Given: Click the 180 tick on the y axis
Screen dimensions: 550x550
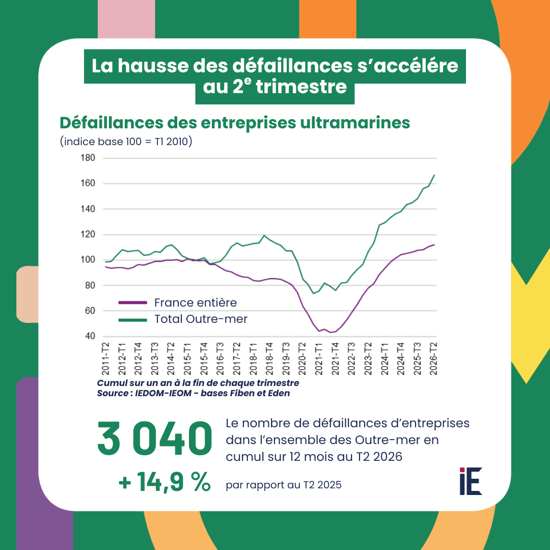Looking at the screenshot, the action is click(88, 158).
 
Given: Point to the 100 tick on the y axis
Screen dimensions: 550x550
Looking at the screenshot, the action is click(88, 260).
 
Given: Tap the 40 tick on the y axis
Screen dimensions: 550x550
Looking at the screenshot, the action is click(90, 336).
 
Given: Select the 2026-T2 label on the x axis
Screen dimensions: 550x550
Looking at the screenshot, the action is click(433, 359).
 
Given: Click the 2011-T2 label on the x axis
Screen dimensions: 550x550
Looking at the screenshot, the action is click(105, 359).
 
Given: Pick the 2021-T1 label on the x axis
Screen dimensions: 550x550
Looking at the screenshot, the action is click(318, 359).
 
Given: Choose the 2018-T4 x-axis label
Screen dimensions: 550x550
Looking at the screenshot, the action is click(269, 359).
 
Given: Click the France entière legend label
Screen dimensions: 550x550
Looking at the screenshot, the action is click(196, 302).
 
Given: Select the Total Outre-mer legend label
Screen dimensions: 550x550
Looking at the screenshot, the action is click(201, 319).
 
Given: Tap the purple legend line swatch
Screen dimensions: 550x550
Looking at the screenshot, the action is click(132, 302).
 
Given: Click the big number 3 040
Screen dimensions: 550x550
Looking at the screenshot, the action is click(155, 438).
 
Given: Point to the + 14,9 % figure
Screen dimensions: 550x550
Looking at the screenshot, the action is click(164, 482).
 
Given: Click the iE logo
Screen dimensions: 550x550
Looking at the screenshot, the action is click(471, 481).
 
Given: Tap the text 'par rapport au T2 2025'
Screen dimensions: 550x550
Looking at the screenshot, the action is click(284, 485).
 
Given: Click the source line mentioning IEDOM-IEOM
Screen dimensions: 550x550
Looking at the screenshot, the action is click(194, 393).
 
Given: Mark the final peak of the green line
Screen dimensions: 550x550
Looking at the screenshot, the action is click(434, 175).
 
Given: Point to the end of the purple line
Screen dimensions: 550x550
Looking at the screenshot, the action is click(434, 244).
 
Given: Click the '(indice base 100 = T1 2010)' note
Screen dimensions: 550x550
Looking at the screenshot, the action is click(126, 142).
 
